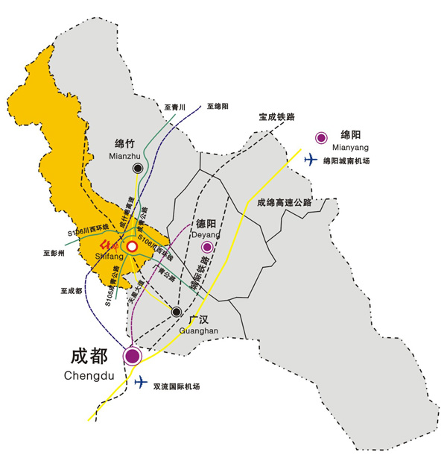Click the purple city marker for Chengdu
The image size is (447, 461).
point(133,357)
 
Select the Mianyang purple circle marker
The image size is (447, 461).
point(321,137)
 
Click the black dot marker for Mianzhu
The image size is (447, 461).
point(138,169)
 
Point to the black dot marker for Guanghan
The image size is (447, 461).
point(177,312)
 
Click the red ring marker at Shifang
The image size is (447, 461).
point(132,246)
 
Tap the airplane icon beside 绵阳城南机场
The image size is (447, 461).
point(311,159)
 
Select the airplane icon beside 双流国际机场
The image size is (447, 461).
point(142,383)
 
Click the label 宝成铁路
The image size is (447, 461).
point(277,117)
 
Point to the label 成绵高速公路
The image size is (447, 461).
point(284,202)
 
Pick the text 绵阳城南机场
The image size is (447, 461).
point(346,160)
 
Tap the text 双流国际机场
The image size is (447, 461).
point(177,386)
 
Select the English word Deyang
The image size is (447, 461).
point(206,233)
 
